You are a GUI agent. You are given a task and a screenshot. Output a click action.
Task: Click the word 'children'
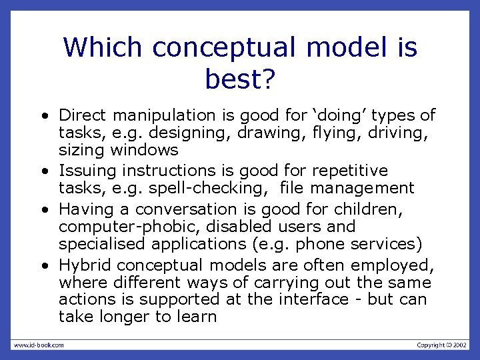[x=370, y=210]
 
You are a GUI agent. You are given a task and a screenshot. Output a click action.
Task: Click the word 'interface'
[x=313, y=299]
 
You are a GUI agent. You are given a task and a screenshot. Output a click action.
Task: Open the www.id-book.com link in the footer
[x=39, y=345]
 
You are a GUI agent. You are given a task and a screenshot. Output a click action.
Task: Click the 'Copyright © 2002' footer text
[x=442, y=345]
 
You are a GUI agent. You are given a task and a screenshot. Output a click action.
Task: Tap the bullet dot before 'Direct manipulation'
[x=43, y=117]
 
